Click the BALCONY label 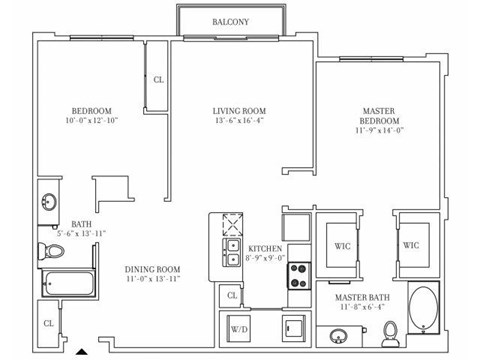231,21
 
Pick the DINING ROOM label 152,269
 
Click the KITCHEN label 265,247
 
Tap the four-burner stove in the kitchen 299,269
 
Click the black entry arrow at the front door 82,352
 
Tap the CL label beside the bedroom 158,81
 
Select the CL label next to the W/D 231,295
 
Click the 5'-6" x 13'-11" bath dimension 81,233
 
